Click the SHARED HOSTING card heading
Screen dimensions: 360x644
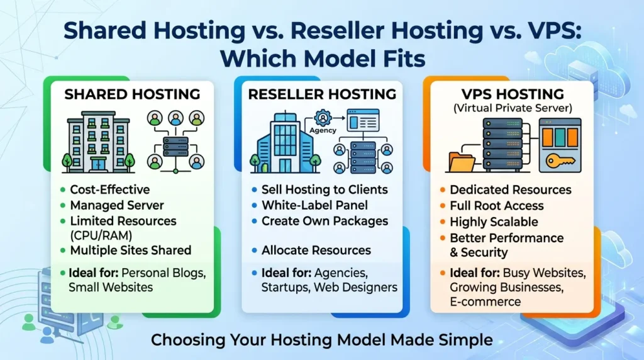[x=132, y=94]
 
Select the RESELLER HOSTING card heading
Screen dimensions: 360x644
[x=322, y=94]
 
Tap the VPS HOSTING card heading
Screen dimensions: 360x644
[x=512, y=94]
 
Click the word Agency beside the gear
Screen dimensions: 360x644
[x=323, y=131]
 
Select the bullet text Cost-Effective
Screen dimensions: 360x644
[x=109, y=190]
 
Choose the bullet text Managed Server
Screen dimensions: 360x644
[x=117, y=205]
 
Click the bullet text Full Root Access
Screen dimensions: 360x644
[x=497, y=206]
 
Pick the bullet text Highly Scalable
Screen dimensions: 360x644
[x=494, y=222]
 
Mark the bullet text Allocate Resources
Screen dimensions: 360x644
[x=316, y=250]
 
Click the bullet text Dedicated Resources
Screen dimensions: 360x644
[x=510, y=190]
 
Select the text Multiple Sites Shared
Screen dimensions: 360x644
[x=130, y=250]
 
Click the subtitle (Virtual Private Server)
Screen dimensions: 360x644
[x=512, y=108]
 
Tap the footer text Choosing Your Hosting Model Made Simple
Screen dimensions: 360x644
[x=321, y=340]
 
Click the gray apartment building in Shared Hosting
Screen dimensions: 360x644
[x=97, y=142]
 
